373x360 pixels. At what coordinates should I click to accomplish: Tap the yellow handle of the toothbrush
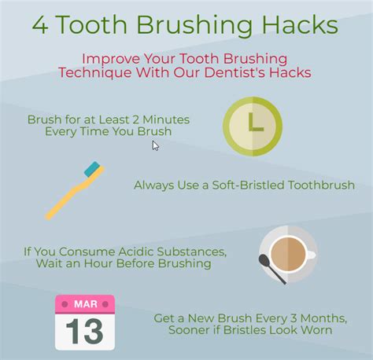tap(67, 197)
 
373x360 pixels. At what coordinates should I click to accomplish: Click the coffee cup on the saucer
tap(289, 255)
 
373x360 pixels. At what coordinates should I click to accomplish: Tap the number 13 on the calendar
tap(84, 331)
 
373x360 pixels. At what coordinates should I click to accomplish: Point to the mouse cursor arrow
tap(156, 145)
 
